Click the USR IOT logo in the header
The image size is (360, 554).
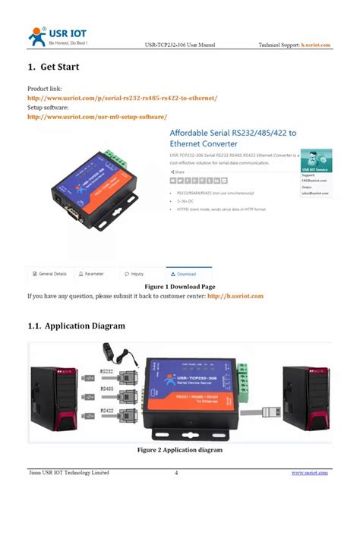pyautogui.click(x=58, y=35)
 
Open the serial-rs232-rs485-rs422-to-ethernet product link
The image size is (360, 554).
pyautogui.click(x=122, y=98)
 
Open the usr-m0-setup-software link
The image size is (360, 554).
pyautogui.click(x=97, y=117)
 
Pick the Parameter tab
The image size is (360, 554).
pyautogui.click(x=91, y=274)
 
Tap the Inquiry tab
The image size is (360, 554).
pyautogui.click(x=135, y=274)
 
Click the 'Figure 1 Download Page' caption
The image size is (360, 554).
pyautogui.click(x=180, y=286)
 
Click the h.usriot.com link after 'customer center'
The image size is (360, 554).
pyautogui.click(x=235, y=296)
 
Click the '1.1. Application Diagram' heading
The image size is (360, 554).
pyautogui.click(x=77, y=326)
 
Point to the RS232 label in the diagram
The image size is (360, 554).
pyautogui.click(x=108, y=371)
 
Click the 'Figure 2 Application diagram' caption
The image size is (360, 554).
pyautogui.click(x=180, y=450)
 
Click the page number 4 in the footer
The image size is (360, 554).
pyautogui.click(x=176, y=473)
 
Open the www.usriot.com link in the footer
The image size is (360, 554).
pyautogui.click(x=310, y=473)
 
